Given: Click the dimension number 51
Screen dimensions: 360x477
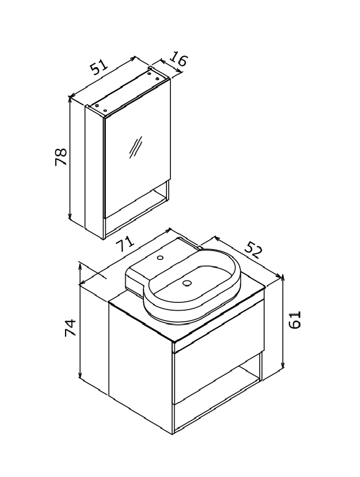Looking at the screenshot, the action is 99,67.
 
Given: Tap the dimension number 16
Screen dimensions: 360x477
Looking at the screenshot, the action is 178,59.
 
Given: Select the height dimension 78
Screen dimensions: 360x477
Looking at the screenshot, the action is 61,157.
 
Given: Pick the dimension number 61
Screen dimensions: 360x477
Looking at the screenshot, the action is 294,319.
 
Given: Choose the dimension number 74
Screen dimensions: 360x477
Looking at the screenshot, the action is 71,328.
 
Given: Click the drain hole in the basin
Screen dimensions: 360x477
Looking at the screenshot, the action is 187,283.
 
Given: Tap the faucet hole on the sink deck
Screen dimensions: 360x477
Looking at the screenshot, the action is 160,258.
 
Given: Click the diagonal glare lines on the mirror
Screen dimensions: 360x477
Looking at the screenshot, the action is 136,147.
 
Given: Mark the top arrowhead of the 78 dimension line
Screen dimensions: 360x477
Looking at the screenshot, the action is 70,99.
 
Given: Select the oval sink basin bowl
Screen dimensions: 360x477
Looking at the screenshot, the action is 192,285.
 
